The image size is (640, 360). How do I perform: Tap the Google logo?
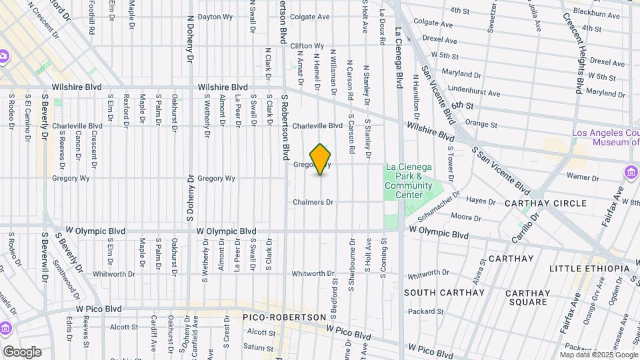(22, 352)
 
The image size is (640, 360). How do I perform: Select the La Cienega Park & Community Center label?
(409, 181)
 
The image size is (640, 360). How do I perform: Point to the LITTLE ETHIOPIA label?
(589, 268)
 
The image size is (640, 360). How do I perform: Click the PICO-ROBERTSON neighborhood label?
(284, 317)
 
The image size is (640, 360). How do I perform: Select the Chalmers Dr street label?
(313, 202)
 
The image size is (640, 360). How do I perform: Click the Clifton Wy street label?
(307, 46)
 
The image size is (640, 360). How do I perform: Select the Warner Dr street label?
(580, 177)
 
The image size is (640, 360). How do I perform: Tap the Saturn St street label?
(254, 347)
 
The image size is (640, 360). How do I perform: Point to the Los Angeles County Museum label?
(605, 137)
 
